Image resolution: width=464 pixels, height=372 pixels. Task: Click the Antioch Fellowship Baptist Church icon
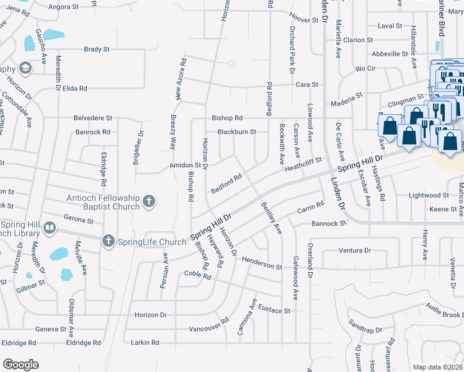(148, 201)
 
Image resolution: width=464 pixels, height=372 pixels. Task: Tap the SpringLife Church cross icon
(109, 241)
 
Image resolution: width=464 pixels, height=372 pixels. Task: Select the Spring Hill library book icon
(49, 230)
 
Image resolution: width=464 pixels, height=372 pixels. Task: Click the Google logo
(20, 364)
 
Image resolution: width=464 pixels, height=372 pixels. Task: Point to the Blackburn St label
(236, 131)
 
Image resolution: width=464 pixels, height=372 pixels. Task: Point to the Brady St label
(96, 49)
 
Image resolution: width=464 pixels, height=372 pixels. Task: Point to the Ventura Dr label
(354, 250)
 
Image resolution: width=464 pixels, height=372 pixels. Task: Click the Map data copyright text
(437, 367)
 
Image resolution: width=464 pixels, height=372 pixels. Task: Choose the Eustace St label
(274, 310)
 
